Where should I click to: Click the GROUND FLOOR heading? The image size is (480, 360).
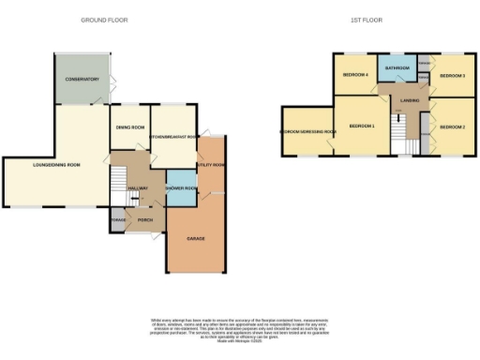pyautogui.click(x=104, y=19)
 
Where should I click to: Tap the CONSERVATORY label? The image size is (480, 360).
pyautogui.click(x=82, y=80)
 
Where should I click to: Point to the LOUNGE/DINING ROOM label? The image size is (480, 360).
pyautogui.click(x=56, y=166)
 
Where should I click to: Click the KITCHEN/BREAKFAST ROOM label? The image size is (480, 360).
pyautogui.click(x=173, y=138)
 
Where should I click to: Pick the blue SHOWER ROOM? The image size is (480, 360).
pyautogui.click(x=179, y=189)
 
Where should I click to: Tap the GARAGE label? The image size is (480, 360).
pyautogui.click(x=194, y=239)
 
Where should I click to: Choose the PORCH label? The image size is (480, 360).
pyautogui.click(x=145, y=220)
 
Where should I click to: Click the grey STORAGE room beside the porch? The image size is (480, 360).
pyautogui.click(x=118, y=220)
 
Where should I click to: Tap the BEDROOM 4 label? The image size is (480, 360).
pyautogui.click(x=354, y=75)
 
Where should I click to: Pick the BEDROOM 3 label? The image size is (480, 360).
pyautogui.click(x=453, y=75)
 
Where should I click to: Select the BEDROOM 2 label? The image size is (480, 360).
pyautogui.click(x=452, y=127)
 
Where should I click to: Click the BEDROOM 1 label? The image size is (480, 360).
pyautogui.click(x=361, y=127)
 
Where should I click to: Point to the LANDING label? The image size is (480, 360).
pyautogui.click(x=409, y=99)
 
